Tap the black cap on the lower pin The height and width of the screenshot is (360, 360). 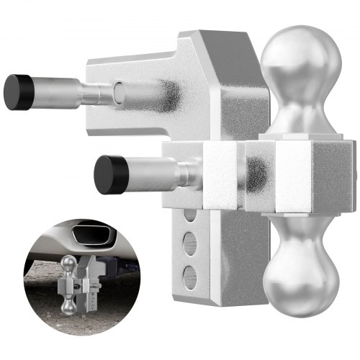[107, 174]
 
